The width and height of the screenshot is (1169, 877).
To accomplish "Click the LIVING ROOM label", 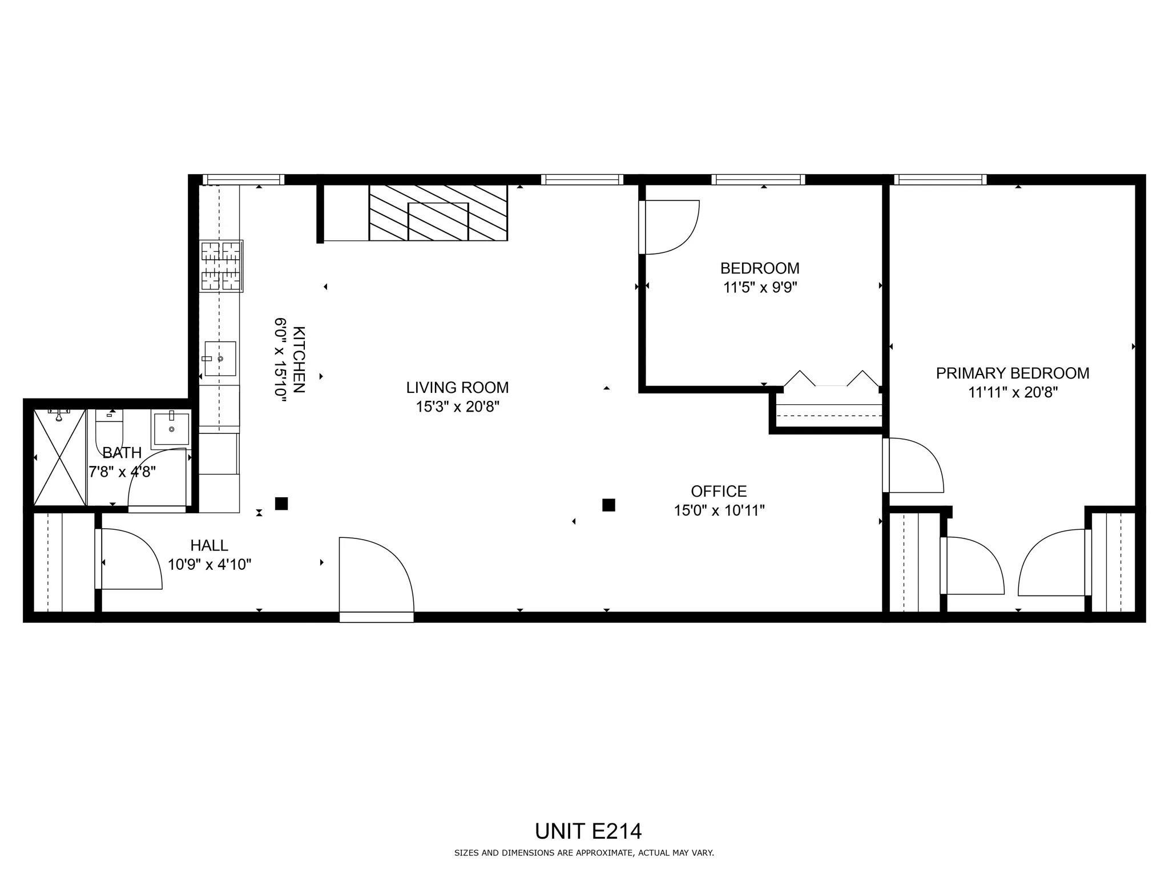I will (x=457, y=388).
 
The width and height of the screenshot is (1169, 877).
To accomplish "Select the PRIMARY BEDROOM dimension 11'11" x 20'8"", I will (x=1013, y=392).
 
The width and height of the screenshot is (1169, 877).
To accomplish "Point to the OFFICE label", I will (x=719, y=491).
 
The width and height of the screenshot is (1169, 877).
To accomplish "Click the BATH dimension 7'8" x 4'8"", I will (x=122, y=472).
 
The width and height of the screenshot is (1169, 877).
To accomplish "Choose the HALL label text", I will (x=209, y=545).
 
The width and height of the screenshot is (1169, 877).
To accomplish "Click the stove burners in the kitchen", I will (x=221, y=266).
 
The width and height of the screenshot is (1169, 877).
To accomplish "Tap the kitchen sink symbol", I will (x=220, y=359).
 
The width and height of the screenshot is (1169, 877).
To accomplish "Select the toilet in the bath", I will (x=109, y=428).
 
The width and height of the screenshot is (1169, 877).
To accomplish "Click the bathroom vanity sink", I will (x=171, y=429).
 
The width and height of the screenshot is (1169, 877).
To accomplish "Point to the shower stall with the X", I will (x=59, y=457).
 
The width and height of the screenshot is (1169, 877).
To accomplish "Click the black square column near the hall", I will (x=281, y=504).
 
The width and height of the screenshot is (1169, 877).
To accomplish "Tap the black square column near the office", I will (x=608, y=505).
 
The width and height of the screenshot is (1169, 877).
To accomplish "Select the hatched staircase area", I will (x=438, y=212).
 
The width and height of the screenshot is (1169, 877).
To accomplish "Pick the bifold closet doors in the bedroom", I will (x=831, y=380).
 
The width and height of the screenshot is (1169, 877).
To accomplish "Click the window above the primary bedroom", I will (x=940, y=180).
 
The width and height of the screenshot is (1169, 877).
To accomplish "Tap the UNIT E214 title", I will (x=588, y=831).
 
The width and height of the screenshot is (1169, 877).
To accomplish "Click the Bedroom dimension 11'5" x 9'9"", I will (x=760, y=287).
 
